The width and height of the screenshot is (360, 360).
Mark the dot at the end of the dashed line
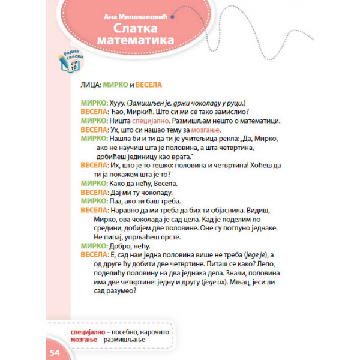173,19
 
